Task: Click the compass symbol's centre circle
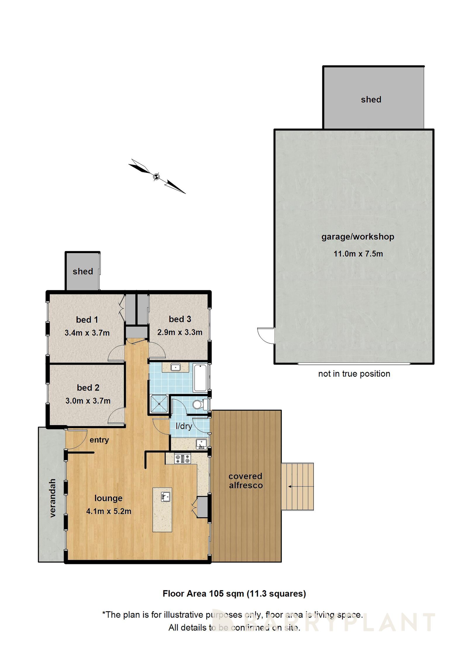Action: coord(157,176)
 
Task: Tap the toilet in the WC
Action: coord(199,405)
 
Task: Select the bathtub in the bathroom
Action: coord(200,377)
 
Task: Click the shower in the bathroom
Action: coord(159,404)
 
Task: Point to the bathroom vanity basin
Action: coord(175,367)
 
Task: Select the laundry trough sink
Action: coord(201,444)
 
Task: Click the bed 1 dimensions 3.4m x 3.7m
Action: coord(87,333)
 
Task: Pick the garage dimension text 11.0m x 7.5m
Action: coord(358,254)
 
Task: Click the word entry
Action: coord(99,440)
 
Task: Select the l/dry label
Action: coord(184,426)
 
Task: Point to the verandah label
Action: coord(52,498)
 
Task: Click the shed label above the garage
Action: coord(371,99)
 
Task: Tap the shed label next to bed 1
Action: coord(83,271)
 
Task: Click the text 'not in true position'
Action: coord(354,374)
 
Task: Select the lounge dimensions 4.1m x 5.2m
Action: coord(108,511)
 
